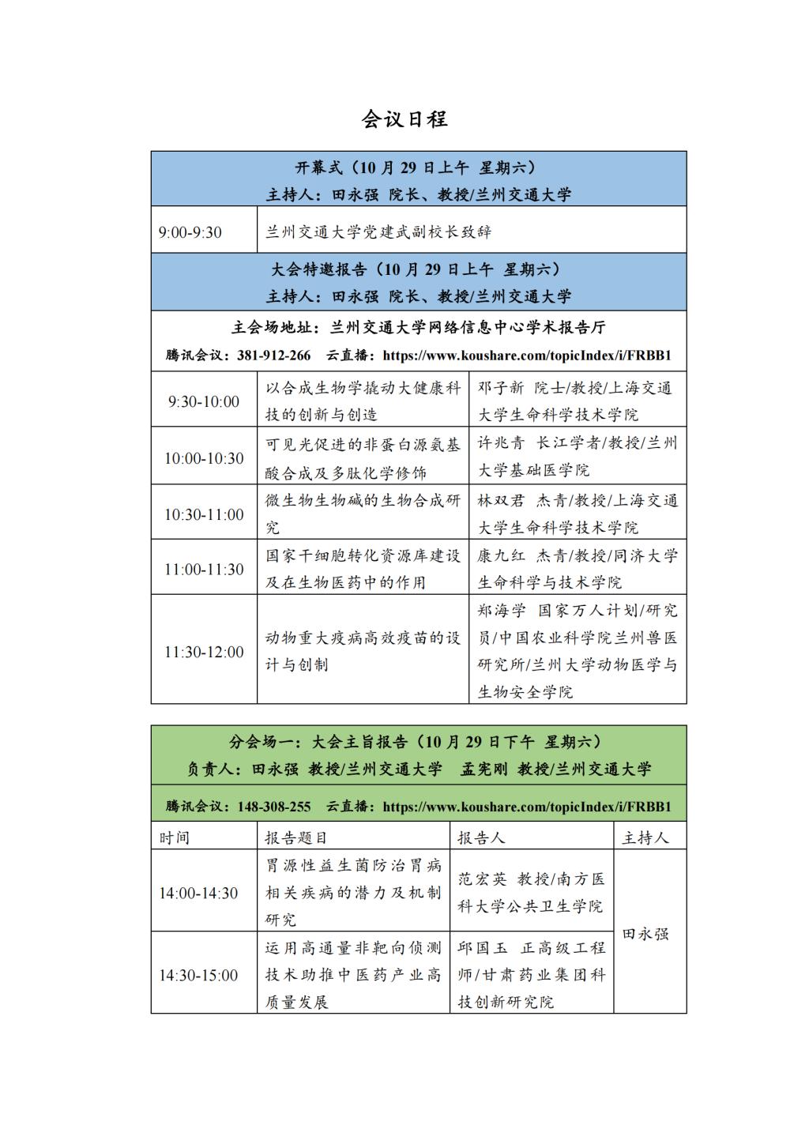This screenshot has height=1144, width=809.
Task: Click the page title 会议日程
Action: pyautogui.click(x=404, y=119)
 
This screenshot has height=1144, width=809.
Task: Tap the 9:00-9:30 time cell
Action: pyautogui.click(x=190, y=232)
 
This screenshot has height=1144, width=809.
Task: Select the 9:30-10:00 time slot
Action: pyautogui.click(x=204, y=401)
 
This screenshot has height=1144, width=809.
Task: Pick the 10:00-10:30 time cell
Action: pyautogui.click(x=204, y=458)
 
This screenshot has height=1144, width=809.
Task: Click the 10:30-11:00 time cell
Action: pyautogui.click(x=204, y=514)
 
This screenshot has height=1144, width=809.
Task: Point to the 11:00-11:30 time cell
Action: pyautogui.click(x=204, y=570)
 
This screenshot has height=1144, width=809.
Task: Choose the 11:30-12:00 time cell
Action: pyautogui.click(x=204, y=652)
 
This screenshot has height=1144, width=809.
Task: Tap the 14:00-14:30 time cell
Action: pyautogui.click(x=198, y=893)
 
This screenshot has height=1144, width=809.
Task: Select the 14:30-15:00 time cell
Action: pyautogui.click(x=198, y=975)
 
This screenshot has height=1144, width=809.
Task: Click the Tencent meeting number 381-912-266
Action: pyautogui.click(x=273, y=356)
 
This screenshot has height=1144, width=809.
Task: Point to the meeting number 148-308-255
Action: pyautogui.click(x=273, y=807)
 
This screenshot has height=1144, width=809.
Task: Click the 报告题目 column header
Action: pyautogui.click(x=295, y=837)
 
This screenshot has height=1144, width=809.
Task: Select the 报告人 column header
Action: pyautogui.click(x=481, y=837)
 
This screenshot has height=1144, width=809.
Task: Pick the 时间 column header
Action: pyautogui.click(x=175, y=837)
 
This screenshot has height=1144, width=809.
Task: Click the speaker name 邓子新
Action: pyautogui.click(x=500, y=388)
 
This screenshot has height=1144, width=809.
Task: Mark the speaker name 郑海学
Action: pyautogui.click(x=501, y=611)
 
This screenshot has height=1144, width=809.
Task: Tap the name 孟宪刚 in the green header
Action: pyautogui.click(x=484, y=769)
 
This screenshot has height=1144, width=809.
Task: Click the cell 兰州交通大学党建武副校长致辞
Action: pyautogui.click(x=378, y=232)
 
